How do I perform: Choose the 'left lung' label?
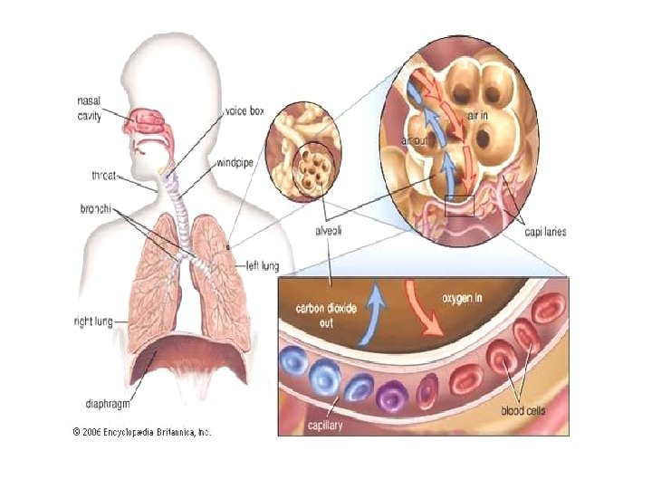pyautogui.click(x=264, y=265)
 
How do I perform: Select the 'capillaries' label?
pyautogui.click(x=546, y=232)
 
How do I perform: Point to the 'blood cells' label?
pyautogui.click(x=524, y=410)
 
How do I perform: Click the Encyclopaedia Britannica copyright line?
pyautogui.click(x=141, y=433)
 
